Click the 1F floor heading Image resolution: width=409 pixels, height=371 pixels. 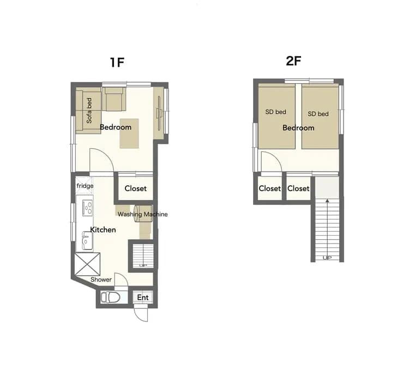pos(117,62)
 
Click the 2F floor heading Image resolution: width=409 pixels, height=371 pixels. pos(293,61)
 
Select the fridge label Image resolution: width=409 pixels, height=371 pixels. pos(85,186)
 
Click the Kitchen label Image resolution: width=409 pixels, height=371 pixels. pos(103,230)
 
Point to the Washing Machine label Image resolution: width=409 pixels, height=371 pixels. pos(143,214)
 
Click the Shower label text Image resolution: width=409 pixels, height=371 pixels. pos(101,279)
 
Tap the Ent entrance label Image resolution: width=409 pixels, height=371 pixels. pos(142,297)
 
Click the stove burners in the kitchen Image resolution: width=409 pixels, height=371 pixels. pos(87,207)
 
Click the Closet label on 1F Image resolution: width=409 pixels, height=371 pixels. pos(135,188)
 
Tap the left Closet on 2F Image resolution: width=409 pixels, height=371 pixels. pos(269,188)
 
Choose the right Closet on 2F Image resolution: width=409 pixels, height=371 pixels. pos(298,188)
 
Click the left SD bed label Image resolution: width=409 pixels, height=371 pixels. pos(275,112)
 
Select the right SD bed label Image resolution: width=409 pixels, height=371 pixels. pos(318,114)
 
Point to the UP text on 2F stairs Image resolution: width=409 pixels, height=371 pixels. pos(327,258)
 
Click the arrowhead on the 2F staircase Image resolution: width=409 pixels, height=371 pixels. pos(327,201)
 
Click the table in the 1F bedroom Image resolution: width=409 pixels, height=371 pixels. pos(130,133)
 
